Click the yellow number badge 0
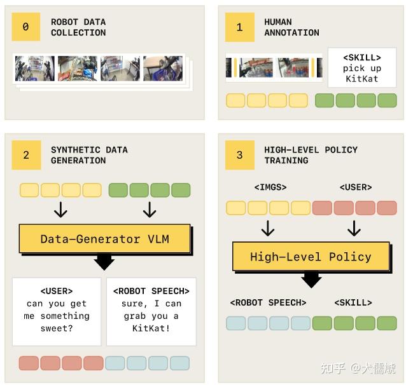(x=25, y=27)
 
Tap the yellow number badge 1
(x=239, y=27)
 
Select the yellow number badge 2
(x=25, y=155)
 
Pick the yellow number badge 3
(x=239, y=155)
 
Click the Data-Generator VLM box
(x=104, y=239)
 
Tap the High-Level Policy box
(x=311, y=257)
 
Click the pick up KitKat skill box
(x=361, y=68)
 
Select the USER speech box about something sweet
(x=56, y=310)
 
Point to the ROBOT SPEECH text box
(x=151, y=310)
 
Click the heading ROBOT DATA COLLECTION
(x=78, y=27)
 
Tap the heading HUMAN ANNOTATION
(x=291, y=27)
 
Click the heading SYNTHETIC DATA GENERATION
(x=89, y=155)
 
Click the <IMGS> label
(x=270, y=187)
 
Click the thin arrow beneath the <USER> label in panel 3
(x=354, y=228)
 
